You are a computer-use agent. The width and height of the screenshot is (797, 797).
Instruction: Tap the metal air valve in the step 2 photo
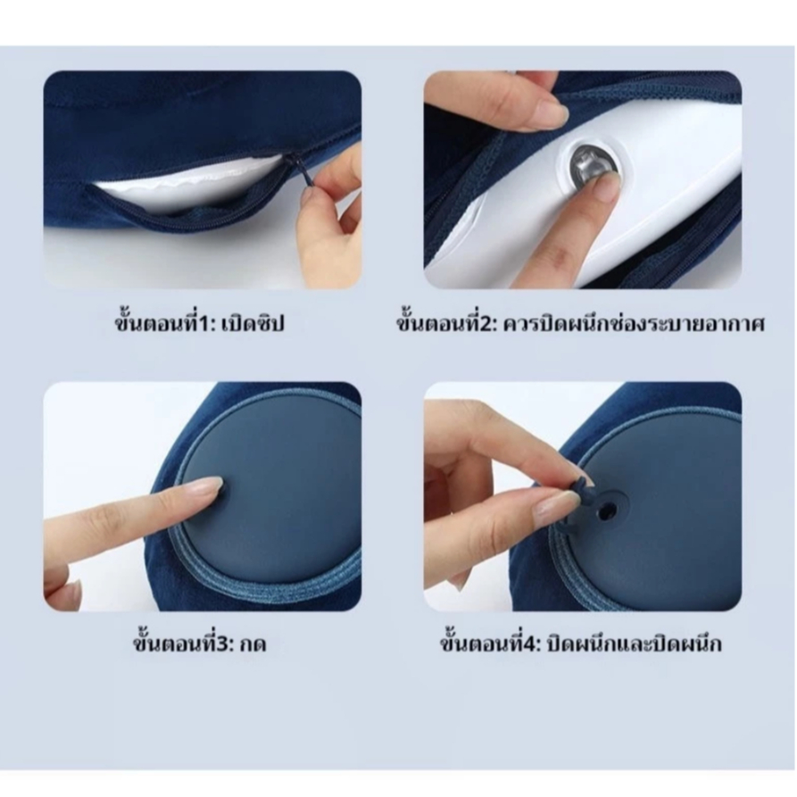(590, 163)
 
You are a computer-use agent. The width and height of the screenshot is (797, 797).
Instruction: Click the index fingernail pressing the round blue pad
(207, 488)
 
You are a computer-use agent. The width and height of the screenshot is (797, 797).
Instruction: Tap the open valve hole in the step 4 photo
(604, 512)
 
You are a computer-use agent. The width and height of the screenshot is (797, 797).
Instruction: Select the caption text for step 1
(199, 322)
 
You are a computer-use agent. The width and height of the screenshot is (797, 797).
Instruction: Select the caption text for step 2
(580, 322)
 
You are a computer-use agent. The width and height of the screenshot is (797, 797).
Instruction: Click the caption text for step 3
(199, 643)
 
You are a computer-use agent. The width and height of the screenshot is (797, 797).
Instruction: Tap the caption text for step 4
(580, 643)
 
